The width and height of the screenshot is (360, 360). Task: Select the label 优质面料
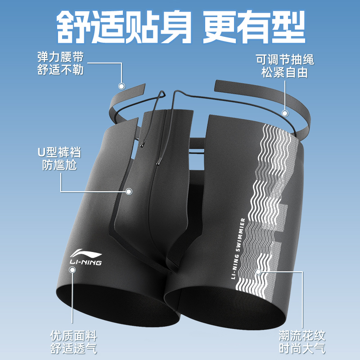(74, 336)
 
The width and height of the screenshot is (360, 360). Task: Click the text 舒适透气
(74, 348)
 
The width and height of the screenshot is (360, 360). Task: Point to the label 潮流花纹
(301, 336)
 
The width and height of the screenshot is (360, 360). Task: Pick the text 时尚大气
(301, 348)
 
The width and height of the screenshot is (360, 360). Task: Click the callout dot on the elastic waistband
(121, 86)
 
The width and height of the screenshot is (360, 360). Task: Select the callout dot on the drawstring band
(284, 113)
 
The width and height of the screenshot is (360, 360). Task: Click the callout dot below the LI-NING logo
(72, 270)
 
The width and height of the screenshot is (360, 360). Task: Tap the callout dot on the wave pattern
(258, 271)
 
